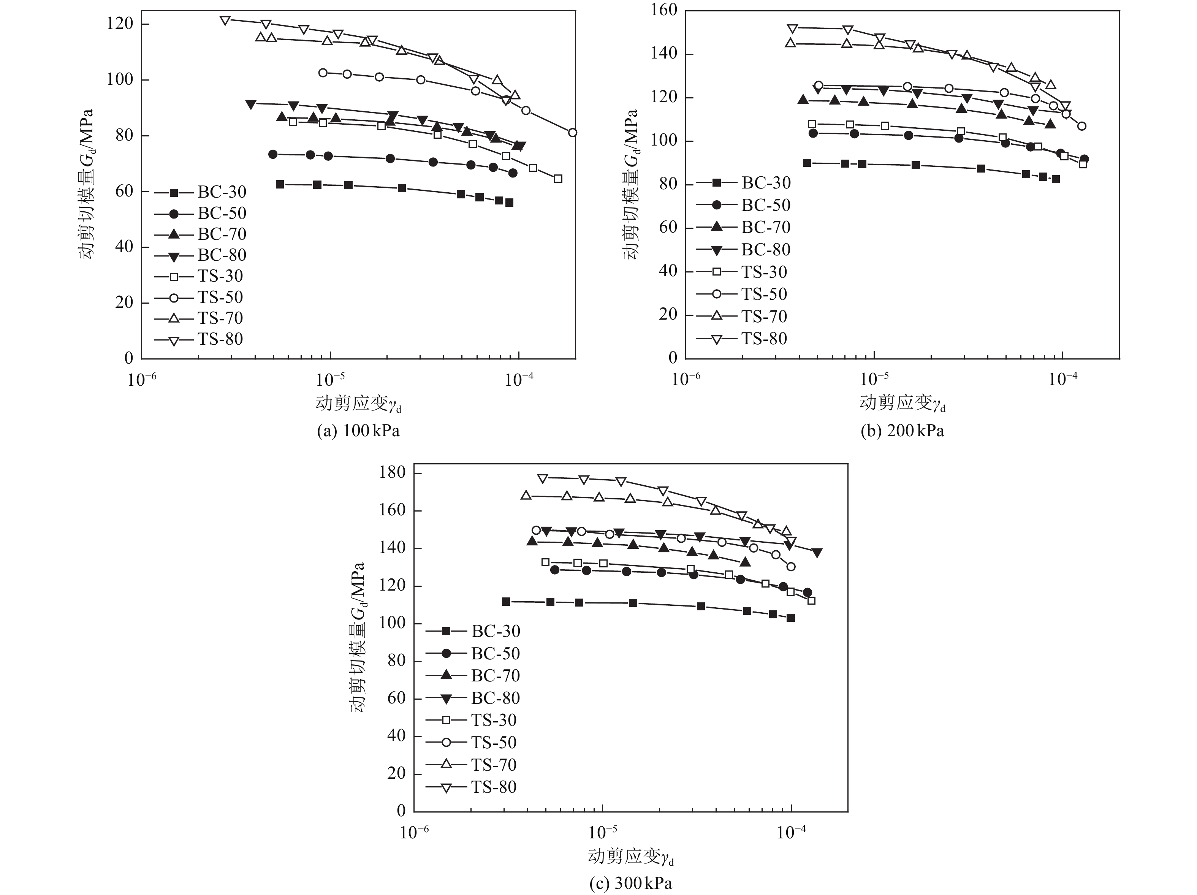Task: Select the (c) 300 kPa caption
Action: pyautogui.click(x=630, y=884)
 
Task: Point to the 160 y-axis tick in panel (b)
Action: pyautogui.click(x=665, y=10)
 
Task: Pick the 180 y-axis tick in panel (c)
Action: pyautogui.click(x=393, y=473)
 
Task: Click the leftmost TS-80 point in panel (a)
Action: pyautogui.click(x=225, y=21)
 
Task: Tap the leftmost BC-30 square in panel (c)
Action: pyautogui.click(x=506, y=602)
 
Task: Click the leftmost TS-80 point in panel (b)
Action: pyautogui.click(x=793, y=28)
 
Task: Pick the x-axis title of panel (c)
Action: pyautogui.click(x=630, y=857)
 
